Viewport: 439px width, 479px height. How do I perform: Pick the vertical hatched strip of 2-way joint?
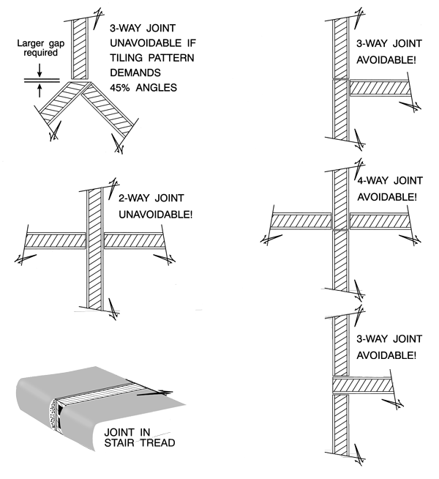pyautogui.click(x=94, y=249)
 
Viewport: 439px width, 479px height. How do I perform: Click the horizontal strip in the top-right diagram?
pyautogui.click(x=378, y=88)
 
